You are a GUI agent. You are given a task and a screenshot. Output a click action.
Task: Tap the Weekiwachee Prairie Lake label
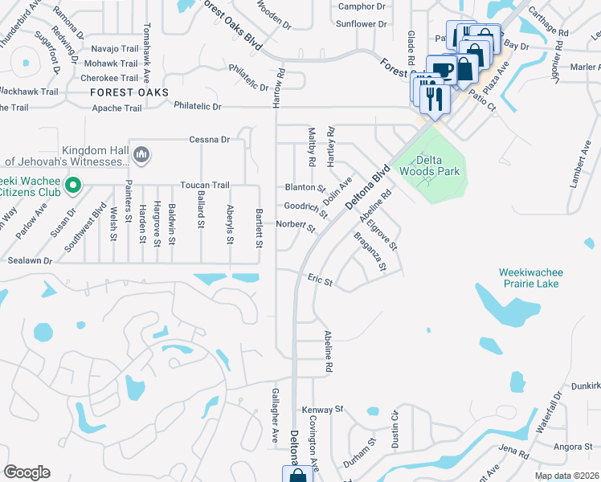tap(528, 278)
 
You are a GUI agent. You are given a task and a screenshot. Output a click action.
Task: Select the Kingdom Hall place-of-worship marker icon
tap(141, 153)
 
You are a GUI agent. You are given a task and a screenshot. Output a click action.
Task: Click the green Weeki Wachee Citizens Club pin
tap(73, 186)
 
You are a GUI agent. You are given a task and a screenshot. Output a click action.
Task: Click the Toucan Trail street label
tap(205, 185)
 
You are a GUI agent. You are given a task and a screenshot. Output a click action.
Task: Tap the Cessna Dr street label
tap(209, 139)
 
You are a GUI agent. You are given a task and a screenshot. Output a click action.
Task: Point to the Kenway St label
tap(322, 409)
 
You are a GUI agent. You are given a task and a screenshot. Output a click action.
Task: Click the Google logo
tap(27, 472)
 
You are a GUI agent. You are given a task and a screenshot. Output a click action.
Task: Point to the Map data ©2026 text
tap(566, 476)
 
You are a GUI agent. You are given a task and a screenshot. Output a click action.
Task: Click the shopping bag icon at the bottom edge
tap(297, 476)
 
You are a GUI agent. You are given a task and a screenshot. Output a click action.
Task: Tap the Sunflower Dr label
tap(361, 24)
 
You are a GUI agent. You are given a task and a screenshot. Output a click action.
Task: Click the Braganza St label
tap(371, 251)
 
